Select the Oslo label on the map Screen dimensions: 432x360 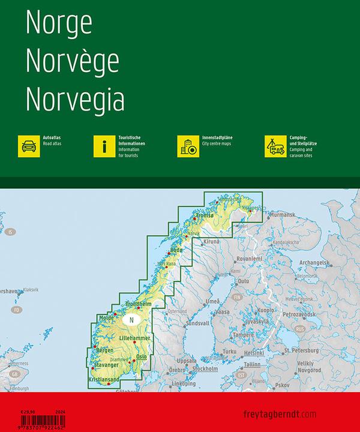point(141,357)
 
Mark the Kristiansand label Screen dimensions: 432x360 point(101,380)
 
